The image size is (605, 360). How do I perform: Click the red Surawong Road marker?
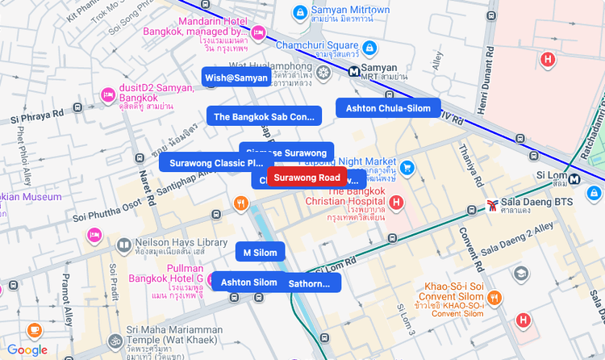click(x=307, y=178)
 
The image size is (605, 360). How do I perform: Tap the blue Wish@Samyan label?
click(x=236, y=77)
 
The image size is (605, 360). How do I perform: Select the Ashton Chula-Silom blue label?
click(x=388, y=108)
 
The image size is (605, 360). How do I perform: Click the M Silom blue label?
click(x=261, y=253)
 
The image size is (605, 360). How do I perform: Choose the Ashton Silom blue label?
click(x=249, y=283)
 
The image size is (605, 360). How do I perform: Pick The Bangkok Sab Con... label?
click(x=264, y=116)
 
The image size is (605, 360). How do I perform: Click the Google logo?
click(x=27, y=350)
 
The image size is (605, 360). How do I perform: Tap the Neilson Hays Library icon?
click(x=124, y=244)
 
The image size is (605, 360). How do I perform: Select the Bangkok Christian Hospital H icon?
click(x=396, y=202)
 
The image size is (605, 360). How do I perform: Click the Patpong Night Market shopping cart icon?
click(x=407, y=168)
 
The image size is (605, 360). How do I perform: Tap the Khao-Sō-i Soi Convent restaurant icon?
click(x=494, y=296)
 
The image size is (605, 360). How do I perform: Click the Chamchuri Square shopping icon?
click(x=369, y=47)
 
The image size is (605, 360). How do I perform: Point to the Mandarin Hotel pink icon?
click(x=258, y=32)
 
